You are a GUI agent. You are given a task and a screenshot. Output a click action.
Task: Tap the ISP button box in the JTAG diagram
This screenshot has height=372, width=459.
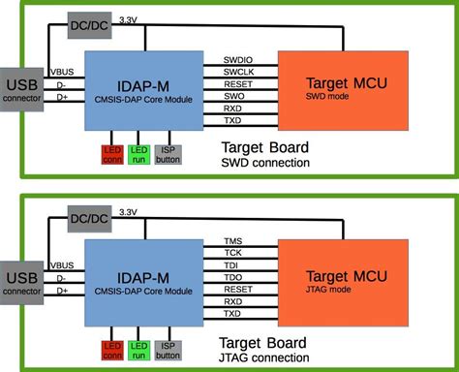pos(168,350)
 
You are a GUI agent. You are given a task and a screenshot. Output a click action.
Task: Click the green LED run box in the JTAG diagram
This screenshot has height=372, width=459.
pos(138,350)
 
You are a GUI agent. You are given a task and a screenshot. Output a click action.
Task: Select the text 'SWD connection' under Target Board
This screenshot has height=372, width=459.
pos(263,164)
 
